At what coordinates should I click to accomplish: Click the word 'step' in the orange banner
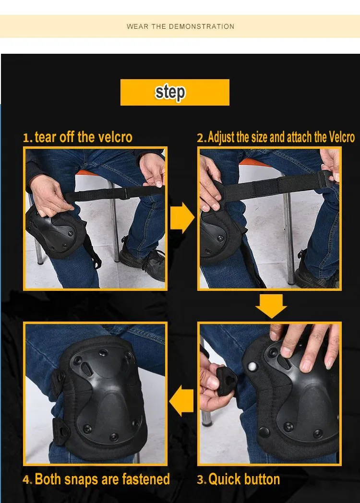pyautogui.click(x=170, y=93)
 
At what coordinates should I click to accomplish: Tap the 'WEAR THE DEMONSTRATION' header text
pyautogui.click(x=180, y=26)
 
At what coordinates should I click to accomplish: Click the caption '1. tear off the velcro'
pyautogui.click(x=78, y=137)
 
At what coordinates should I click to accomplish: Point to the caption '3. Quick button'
pyautogui.click(x=239, y=479)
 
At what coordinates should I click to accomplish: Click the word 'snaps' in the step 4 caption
pyautogui.click(x=82, y=479)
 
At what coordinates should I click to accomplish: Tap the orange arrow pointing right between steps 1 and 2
pyautogui.click(x=182, y=217)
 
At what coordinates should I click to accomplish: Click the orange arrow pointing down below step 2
pyautogui.click(x=271, y=306)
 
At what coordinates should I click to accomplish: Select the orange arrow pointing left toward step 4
pyautogui.click(x=181, y=401)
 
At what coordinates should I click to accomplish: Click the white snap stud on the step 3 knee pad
pyautogui.click(x=252, y=366)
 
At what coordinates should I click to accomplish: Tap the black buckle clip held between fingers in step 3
pyautogui.click(x=227, y=382)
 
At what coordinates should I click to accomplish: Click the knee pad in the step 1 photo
pyautogui.click(x=56, y=231)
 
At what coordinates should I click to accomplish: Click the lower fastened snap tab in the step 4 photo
pyautogui.click(x=60, y=431)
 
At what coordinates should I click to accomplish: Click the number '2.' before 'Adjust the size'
pyautogui.click(x=202, y=138)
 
